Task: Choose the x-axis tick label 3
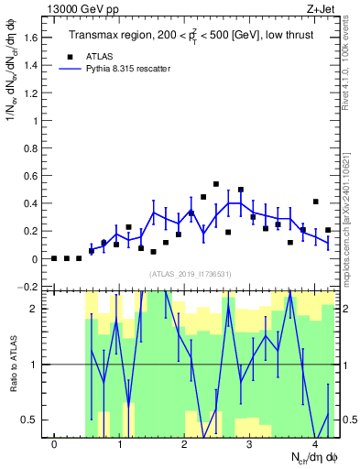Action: point(249,444)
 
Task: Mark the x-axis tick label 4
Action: point(314,444)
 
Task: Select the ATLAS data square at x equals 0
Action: point(54,258)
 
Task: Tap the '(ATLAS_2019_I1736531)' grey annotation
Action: point(191,274)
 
